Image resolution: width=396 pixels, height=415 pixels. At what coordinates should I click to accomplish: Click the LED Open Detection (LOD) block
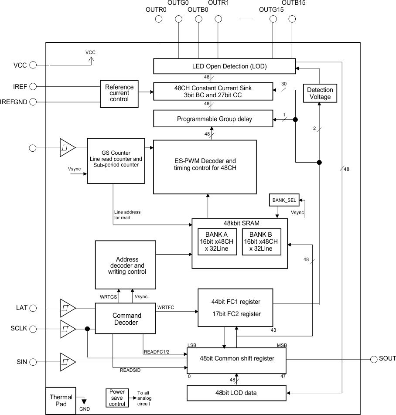224,67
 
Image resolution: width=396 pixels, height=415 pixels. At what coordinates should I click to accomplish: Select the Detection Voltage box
320,93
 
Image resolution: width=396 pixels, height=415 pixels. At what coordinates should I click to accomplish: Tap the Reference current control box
119,93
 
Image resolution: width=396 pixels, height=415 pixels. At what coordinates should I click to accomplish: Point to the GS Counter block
115,161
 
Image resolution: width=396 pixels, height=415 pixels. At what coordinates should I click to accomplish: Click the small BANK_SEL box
284,200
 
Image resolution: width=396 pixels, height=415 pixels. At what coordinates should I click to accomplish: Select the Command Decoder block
126,319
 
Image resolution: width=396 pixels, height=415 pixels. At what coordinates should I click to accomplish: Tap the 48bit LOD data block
236,393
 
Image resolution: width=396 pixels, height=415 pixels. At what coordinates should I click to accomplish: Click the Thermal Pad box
61,400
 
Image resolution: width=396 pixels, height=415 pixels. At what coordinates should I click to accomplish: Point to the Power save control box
117,398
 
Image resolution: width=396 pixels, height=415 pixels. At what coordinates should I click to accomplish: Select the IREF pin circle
32,87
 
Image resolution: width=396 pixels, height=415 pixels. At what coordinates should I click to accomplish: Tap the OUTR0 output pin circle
159,19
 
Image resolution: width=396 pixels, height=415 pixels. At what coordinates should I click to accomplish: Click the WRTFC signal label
166,307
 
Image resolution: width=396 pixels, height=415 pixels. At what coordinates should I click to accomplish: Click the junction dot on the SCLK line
88,329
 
